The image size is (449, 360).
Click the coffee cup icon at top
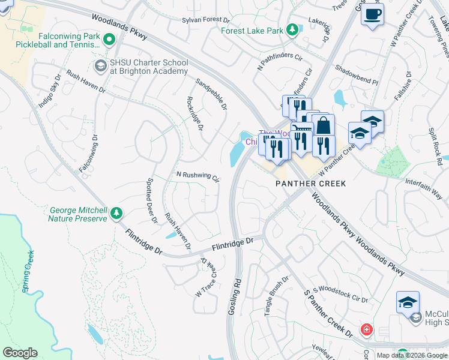[x=373, y=13]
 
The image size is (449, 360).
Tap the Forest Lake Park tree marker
[x=292, y=29]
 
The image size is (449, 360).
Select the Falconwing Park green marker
[x=109, y=40]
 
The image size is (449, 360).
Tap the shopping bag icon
[x=323, y=125]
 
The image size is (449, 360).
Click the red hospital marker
[x=366, y=329]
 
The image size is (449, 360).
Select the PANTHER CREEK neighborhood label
[x=310, y=184]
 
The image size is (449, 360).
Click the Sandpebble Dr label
[x=211, y=94]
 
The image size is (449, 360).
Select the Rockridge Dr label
[x=195, y=114]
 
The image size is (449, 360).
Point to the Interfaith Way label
[x=423, y=188]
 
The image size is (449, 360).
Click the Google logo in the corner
[x=20, y=353]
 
